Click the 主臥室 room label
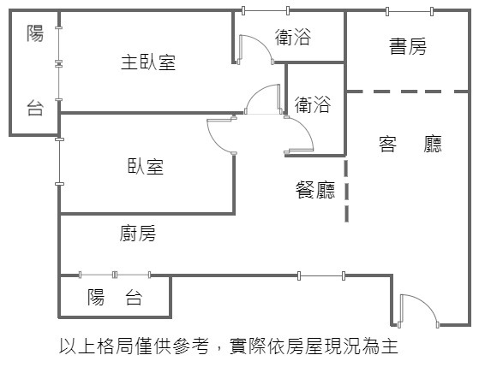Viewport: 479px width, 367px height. tap(148, 62)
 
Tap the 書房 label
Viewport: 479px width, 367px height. tap(408, 46)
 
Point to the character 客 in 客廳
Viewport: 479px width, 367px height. tap(387, 144)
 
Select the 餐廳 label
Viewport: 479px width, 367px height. tap(315, 190)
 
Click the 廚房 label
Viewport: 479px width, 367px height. tap(137, 234)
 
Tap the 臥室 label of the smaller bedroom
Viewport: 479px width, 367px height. tap(146, 166)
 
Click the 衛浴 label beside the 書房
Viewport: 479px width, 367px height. tap(293, 37)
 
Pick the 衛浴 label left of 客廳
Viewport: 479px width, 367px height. tap(313, 104)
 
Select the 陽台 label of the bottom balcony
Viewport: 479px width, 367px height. tap(115, 297)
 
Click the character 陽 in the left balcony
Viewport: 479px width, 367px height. tap(35, 33)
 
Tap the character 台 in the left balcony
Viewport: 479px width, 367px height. tap(35, 108)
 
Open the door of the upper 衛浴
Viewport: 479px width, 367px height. tap(256, 50)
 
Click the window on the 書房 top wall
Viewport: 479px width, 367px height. tap(410, 12)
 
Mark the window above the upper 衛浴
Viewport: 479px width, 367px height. tap(266, 10)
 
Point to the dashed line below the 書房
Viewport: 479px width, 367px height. tap(408, 92)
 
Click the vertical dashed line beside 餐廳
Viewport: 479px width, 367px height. tap(346, 191)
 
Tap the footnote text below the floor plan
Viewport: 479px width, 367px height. tap(229, 346)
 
